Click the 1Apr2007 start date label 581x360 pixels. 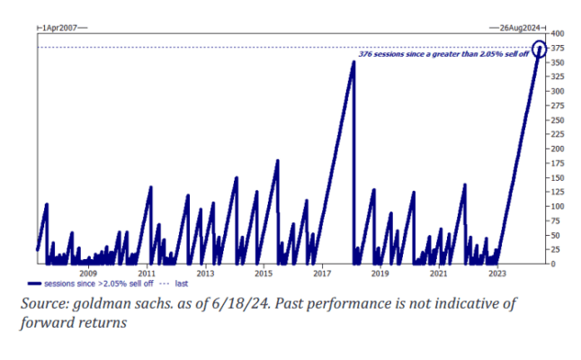coord(61,28)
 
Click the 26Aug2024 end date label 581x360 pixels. coord(517,28)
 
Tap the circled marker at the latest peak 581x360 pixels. coord(540,49)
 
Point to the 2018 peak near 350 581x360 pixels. coord(353,62)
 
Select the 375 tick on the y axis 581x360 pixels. coord(558,48)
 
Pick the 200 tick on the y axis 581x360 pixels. coord(558,148)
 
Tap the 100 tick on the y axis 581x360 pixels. coord(558,206)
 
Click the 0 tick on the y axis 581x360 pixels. coord(553,264)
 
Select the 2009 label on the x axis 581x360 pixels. coord(88,273)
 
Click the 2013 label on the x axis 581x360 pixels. coord(204,273)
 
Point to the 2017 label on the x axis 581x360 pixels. coord(321,273)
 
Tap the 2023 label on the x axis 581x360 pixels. coord(496,273)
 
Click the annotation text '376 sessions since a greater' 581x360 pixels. coord(409,55)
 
